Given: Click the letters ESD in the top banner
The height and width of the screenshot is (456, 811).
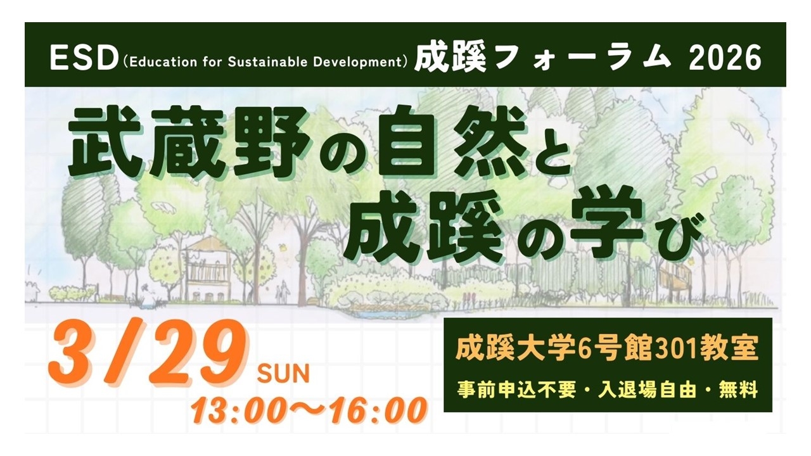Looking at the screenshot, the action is [84, 59].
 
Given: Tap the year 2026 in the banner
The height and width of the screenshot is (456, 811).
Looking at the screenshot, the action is [725, 59].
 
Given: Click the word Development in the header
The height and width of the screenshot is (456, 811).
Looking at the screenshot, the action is [357, 63].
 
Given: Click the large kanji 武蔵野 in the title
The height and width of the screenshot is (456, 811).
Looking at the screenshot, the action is [188, 142].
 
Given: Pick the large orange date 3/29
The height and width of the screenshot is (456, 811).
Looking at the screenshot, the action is [148, 351].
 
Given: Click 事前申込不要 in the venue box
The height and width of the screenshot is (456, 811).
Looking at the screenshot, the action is [516, 389].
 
